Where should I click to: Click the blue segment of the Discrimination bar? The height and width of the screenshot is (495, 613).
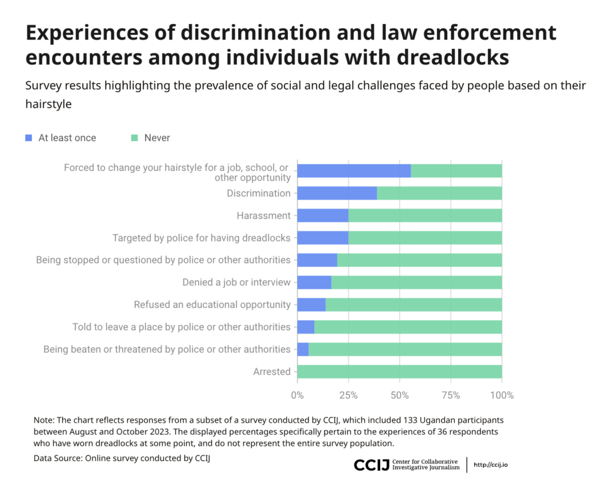pos(336,193)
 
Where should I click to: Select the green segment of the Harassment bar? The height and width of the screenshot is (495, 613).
pos(425,215)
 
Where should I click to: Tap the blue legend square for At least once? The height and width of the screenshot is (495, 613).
pos(29,138)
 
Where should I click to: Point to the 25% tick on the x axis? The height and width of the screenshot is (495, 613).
pos(348,395)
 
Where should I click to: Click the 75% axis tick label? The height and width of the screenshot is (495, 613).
pos(450,395)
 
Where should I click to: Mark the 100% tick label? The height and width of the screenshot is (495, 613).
pos(502,395)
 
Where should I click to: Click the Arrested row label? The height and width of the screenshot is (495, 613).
pos(272,372)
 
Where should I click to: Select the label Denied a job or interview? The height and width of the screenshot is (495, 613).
pos(236,282)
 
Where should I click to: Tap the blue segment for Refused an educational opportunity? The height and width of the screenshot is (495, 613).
pos(311,304)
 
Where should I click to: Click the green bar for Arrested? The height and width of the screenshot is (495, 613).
pos(399,371)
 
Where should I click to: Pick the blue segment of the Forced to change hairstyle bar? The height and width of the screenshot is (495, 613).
pos(354,170)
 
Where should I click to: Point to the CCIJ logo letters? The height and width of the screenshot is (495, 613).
pos(371,465)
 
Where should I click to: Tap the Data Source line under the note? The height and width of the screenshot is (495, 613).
pos(122,458)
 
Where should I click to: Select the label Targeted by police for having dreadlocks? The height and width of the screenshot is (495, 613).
pos(201,238)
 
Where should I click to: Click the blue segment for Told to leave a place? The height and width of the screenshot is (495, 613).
pos(305,327)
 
